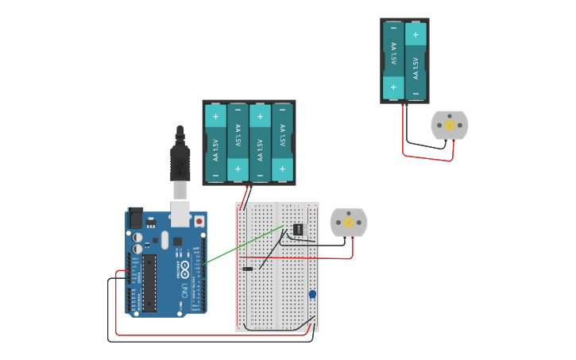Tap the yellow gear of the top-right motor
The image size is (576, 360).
coord(450,125)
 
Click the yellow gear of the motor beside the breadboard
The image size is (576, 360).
coord(348,223)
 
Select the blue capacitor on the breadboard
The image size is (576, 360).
coord(312,295)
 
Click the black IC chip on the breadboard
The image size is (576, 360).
coord(297,230)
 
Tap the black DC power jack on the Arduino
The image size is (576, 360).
coord(135,218)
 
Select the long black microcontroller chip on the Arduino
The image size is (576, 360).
coord(149,283)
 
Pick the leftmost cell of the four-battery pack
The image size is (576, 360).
coord(215,143)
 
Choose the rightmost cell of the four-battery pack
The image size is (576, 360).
coord(283,143)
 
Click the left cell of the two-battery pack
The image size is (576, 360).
coord(392,60)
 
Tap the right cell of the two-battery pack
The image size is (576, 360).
coord(416,60)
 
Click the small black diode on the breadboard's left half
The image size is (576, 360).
coord(247,269)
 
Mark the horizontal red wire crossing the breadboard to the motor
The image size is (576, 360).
coord(318,257)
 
